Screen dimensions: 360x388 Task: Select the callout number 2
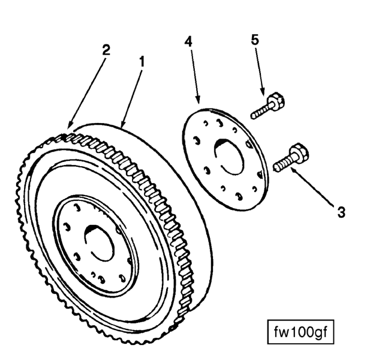pos(105,50)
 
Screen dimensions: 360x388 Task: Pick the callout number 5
pos(255,40)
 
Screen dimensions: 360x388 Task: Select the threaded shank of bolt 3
pos(282,161)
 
